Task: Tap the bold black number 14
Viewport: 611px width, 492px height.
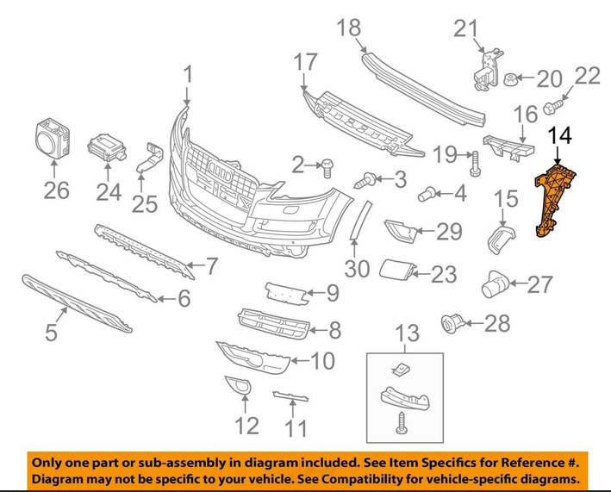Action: point(560,135)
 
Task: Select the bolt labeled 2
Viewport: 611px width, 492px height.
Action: point(327,168)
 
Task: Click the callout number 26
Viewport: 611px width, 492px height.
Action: point(56,190)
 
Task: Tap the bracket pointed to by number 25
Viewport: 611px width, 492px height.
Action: point(150,159)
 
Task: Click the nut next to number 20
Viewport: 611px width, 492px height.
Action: point(511,79)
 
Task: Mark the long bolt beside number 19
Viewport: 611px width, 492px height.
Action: point(475,164)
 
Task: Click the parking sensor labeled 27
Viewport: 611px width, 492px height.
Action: point(495,284)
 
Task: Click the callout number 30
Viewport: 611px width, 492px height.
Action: point(357,268)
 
